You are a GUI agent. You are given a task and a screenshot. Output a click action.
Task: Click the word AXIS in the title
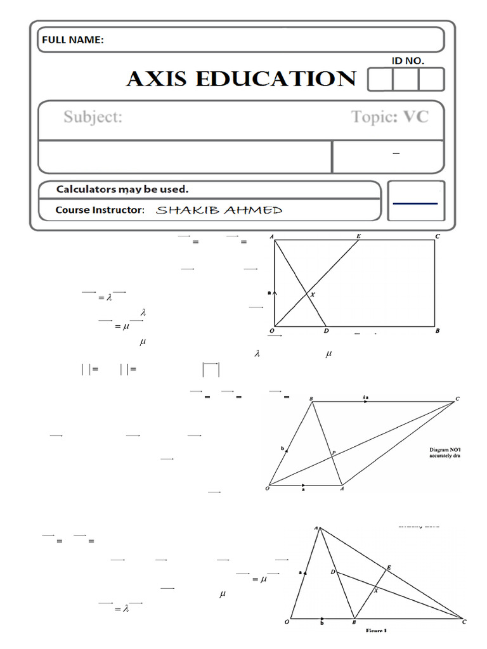(x=158, y=79)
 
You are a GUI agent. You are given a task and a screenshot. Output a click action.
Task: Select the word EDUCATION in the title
(x=275, y=79)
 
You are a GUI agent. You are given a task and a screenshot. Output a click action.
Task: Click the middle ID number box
(x=406, y=80)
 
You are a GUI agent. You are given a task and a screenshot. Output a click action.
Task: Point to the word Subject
(x=93, y=117)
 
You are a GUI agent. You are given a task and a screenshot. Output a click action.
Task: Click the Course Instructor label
(x=100, y=210)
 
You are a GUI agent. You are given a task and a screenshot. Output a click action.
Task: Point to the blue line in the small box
(x=415, y=203)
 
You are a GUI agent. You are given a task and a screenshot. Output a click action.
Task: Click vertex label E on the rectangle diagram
(x=358, y=236)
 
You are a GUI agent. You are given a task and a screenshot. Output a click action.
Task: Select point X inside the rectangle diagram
(x=312, y=295)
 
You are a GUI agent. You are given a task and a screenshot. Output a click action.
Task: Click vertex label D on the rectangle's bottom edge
(x=326, y=331)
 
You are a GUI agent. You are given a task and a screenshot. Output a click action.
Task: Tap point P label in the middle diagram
(x=334, y=453)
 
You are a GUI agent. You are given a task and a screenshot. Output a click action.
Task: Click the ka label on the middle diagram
(x=366, y=397)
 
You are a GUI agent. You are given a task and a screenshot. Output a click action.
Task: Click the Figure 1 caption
(x=376, y=631)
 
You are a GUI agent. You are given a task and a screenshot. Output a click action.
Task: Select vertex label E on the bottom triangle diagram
(x=388, y=567)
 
